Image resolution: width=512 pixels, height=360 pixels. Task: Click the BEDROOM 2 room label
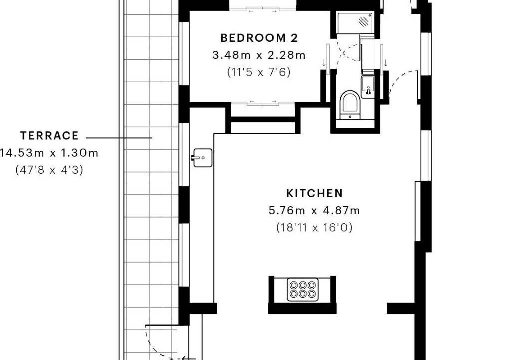[259, 38]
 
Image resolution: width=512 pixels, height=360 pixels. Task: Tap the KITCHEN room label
[315, 193]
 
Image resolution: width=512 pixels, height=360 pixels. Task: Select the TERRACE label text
[49, 135]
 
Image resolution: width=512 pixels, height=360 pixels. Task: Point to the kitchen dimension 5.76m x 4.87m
[314, 210]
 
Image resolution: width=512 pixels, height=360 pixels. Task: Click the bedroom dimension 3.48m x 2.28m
[259, 55]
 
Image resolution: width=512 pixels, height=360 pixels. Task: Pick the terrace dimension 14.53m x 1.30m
[49, 153]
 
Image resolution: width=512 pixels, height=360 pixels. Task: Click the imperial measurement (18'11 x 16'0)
[314, 227]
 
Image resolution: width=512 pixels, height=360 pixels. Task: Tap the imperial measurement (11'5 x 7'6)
[259, 72]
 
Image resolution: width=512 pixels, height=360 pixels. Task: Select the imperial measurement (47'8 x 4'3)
[49, 170]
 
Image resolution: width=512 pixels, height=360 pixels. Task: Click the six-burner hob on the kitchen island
[302, 289]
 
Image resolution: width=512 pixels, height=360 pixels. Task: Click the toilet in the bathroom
[349, 104]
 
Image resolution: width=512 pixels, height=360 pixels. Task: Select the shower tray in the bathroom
[355, 23]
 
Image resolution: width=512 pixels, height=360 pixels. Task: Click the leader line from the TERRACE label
[119, 138]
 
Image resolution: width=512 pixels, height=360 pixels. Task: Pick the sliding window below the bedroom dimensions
[263, 103]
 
